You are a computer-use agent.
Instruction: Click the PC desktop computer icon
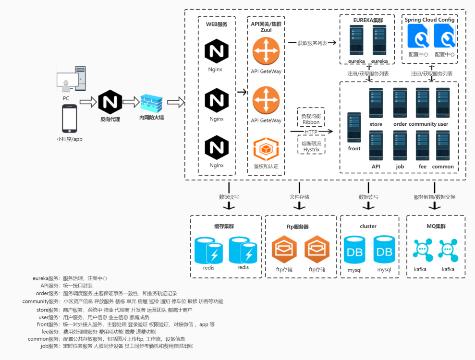[71, 79]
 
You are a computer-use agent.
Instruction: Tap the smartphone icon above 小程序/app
[70, 119]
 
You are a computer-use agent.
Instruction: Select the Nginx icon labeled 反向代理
[110, 102]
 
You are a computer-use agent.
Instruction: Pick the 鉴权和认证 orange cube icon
[266, 149]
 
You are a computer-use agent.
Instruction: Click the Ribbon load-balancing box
[311, 119]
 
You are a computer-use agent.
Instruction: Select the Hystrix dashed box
[311, 146]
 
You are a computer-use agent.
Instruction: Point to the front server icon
[354, 127]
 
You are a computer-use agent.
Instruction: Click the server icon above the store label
[376, 103]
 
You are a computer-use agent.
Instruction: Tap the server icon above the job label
[400, 145]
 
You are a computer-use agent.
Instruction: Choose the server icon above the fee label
[423, 145]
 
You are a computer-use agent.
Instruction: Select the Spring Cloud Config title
[429, 20]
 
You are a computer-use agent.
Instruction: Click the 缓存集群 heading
[224, 226]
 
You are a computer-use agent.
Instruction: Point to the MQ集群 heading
[436, 226]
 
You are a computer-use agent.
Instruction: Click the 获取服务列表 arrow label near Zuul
[312, 43]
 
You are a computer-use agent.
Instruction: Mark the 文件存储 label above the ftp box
[300, 197]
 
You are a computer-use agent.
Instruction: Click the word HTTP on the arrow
[311, 132]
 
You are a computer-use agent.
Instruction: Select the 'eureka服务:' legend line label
[46, 278]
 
